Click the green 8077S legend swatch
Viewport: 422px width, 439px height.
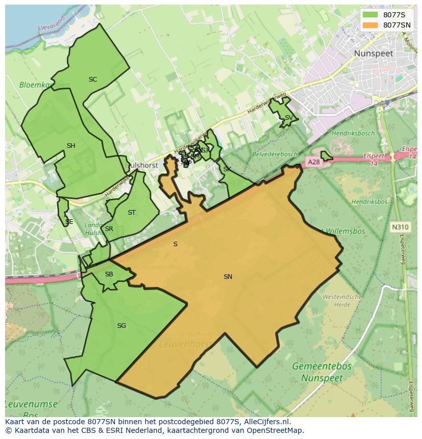[371, 15]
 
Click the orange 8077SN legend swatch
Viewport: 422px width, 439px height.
[371, 25]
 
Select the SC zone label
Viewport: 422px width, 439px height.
[93, 80]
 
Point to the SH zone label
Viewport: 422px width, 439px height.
[71, 146]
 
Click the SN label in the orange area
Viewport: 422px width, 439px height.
[228, 277]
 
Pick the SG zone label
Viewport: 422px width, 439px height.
[121, 326]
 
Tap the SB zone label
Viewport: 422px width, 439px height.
[109, 274]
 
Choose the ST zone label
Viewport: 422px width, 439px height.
[132, 213]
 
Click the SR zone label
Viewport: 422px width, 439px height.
[109, 229]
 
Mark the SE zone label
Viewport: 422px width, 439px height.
[69, 222]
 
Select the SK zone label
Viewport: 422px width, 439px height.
[227, 169]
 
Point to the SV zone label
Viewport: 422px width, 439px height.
[288, 118]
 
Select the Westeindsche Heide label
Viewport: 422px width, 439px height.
[342, 300]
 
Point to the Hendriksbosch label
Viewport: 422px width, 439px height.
[353, 133]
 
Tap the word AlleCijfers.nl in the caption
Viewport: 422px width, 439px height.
[266, 422]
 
